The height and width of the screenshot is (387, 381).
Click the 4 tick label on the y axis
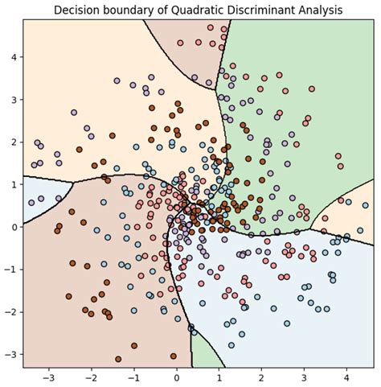(14, 57)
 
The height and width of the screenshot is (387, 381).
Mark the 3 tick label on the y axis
(14, 100)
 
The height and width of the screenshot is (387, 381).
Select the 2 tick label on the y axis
(14, 142)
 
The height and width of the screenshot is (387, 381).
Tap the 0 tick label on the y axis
(14, 227)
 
